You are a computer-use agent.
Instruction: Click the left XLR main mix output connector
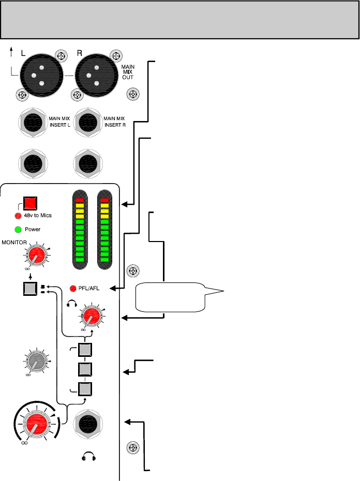point(41,75)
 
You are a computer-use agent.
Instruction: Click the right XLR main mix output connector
point(96,75)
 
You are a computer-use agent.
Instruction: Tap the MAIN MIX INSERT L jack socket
point(33,123)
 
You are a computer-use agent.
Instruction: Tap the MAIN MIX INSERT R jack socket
point(88,123)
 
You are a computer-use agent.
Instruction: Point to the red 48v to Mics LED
point(18,216)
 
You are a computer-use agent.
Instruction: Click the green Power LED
point(18,229)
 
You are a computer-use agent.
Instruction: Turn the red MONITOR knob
point(36,255)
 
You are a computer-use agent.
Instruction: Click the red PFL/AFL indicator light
point(73,289)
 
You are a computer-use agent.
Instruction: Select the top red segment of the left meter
point(80,200)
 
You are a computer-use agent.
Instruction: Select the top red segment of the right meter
point(105,200)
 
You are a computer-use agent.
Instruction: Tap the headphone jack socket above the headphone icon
point(88,424)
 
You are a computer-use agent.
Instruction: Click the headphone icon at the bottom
point(88,457)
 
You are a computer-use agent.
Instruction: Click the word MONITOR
point(14,243)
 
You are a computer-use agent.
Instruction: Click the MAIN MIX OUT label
point(128,72)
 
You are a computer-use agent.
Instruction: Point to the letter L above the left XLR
point(23,53)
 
